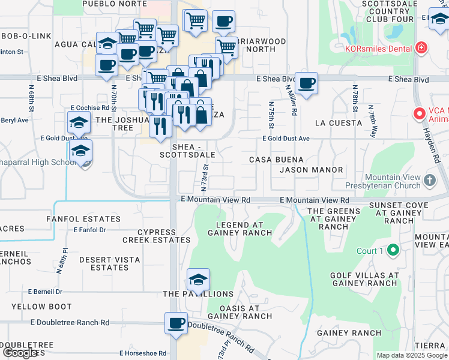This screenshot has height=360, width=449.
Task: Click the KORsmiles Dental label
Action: coord(378,47)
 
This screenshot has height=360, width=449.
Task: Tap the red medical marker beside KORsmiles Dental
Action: coord(421,47)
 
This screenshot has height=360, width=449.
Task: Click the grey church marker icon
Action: coord(429,180)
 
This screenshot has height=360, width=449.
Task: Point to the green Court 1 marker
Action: coord(393,250)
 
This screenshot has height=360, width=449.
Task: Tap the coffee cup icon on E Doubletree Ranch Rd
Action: coord(176,323)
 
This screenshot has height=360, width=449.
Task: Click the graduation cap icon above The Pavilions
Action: coord(198,279)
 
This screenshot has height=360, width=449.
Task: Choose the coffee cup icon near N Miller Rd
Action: coord(306,83)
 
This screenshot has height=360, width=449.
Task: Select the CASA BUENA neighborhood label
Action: coord(277,160)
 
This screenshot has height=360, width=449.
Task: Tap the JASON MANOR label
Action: coord(311,170)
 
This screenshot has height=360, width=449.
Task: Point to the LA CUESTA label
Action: coord(339,123)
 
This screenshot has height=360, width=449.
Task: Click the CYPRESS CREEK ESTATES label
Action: coord(156,236)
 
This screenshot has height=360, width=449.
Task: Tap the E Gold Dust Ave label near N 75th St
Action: coord(286,139)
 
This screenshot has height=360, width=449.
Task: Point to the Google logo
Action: coord(20,353)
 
